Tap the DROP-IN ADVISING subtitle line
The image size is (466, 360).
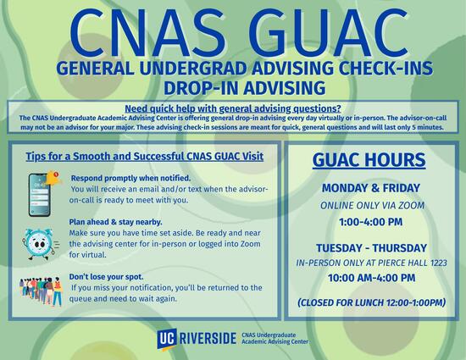(232, 87)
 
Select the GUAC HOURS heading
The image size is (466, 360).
(369, 160)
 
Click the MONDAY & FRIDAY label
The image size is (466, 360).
(370, 189)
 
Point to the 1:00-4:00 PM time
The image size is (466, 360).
(370, 222)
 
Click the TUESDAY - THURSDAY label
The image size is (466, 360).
(370, 247)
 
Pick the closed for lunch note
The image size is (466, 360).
(370, 302)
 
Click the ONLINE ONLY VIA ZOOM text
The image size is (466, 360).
(370, 206)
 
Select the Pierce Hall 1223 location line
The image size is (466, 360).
(370, 263)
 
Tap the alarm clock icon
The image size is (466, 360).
(42, 240)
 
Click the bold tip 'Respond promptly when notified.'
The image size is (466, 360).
(130, 178)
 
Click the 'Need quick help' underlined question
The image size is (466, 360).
(232, 108)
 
